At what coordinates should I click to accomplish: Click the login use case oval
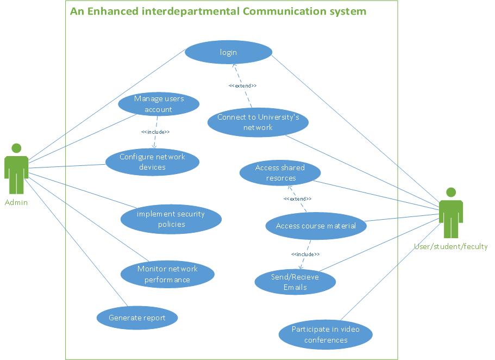228,53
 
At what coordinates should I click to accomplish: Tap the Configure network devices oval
152,162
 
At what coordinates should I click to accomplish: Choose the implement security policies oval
171,219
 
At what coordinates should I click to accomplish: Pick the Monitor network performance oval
167,274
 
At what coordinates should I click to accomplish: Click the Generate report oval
137,318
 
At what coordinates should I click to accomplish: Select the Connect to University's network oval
258,122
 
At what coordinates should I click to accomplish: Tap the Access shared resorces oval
280,173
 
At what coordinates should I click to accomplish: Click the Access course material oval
316,226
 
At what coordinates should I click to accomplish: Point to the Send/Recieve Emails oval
295,282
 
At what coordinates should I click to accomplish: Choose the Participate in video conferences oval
325,334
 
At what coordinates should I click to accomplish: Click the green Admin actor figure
16,169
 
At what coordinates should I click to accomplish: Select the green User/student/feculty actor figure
450,213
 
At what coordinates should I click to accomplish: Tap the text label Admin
16,202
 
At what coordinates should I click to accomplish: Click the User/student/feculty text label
451,246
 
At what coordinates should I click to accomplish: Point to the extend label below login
242,86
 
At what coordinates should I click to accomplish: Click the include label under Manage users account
155,132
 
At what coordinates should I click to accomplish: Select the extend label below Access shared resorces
297,199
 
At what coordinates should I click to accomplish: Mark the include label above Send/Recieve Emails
305,254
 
